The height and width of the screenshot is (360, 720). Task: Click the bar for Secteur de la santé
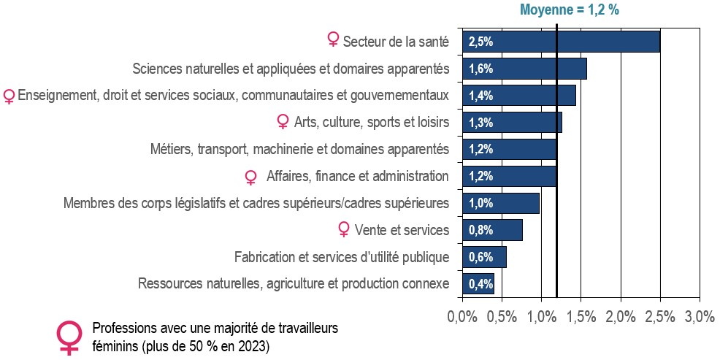(561, 42)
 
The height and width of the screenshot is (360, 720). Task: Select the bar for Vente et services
(492, 229)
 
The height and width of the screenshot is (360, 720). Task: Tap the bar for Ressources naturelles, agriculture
(478, 284)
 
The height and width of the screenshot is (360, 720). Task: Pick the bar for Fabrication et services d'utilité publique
(484, 257)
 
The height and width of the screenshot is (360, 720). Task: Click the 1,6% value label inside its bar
(480, 69)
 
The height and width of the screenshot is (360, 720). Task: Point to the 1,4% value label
(480, 96)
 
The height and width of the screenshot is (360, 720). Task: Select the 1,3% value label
(480, 123)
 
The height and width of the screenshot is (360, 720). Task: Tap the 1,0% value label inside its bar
(480, 204)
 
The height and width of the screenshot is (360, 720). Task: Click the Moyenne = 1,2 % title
(570, 9)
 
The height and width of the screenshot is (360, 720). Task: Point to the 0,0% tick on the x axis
(462, 317)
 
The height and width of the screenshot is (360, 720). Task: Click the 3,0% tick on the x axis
(700, 317)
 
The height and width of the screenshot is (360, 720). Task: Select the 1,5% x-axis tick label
(581, 317)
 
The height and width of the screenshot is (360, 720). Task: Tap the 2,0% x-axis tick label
(621, 317)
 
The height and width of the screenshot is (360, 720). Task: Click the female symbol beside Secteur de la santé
(333, 39)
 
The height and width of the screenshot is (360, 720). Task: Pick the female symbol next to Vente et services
(343, 229)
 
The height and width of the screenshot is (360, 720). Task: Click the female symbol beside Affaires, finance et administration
(250, 177)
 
